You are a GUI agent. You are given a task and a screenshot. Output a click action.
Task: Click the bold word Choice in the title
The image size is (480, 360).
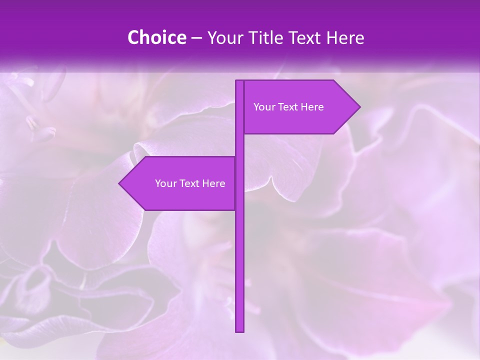coord(156,38)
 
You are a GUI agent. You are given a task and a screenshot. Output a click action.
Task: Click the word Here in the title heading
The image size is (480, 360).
coord(345,38)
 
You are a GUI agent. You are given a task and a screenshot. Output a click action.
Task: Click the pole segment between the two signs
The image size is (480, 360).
coord(240,145)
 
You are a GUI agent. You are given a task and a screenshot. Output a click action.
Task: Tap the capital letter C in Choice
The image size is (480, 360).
coord(133,38)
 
